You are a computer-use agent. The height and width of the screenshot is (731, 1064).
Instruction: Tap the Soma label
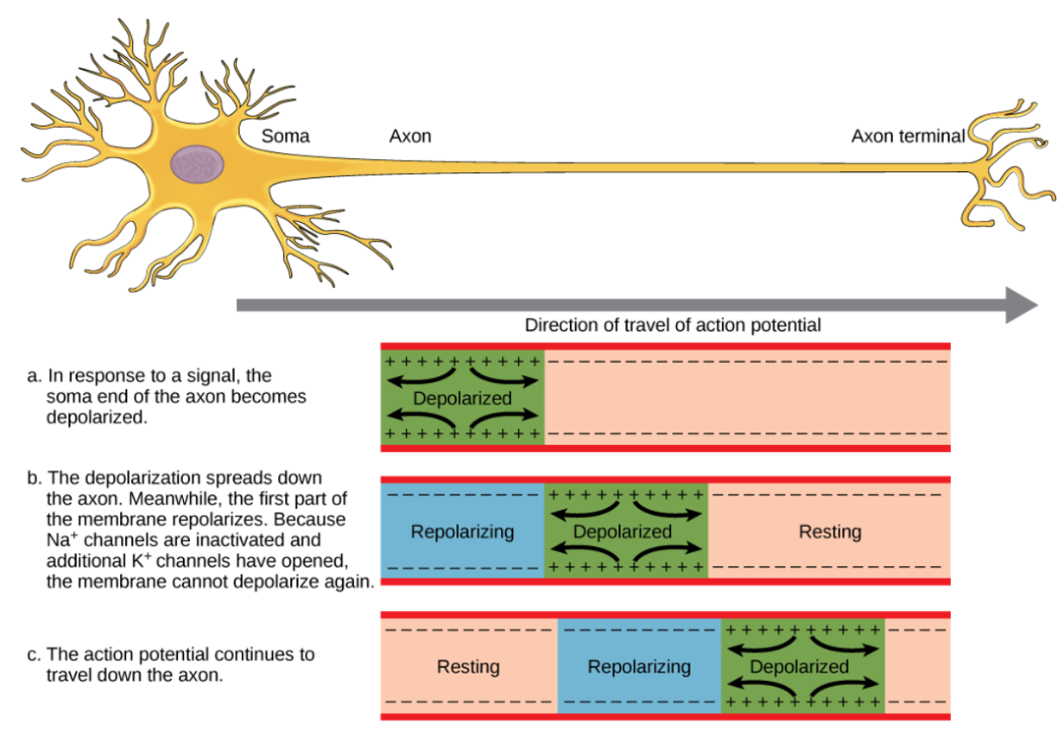[x=285, y=137]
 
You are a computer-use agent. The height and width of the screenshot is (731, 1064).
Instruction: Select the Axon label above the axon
[x=410, y=137]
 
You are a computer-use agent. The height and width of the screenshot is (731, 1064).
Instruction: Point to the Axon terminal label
[x=908, y=137]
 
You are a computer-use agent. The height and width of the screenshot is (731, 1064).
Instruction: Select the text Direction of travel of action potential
[x=673, y=326]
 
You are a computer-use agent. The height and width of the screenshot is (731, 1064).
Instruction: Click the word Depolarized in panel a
[x=462, y=398]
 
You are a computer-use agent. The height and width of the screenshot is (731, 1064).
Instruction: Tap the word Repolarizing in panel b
[x=462, y=531]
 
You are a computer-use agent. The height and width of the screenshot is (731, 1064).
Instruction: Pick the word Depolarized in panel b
[x=622, y=531]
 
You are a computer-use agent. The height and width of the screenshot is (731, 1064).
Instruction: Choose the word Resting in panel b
[x=830, y=531]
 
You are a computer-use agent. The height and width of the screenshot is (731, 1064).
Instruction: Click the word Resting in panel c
[x=468, y=667]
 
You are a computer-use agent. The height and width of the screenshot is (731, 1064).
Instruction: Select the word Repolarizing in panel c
[x=639, y=667]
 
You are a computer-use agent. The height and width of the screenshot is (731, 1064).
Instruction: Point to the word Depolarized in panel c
[x=799, y=667]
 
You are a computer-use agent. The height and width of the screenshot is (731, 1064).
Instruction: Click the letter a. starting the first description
[x=35, y=376]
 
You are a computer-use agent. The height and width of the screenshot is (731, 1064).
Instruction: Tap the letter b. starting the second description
[x=35, y=478]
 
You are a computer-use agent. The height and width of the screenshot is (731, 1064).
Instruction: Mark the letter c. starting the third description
[x=35, y=654]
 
